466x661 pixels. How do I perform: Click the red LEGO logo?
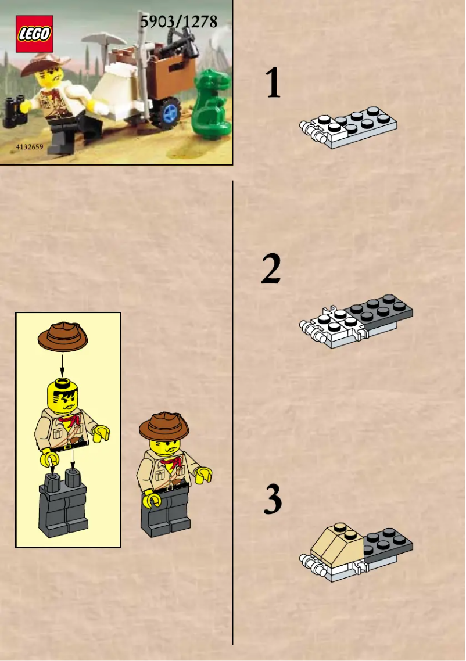point(34,34)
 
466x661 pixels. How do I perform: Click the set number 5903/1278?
point(178,22)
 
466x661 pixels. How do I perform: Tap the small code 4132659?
point(27,146)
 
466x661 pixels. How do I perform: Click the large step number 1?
point(273,82)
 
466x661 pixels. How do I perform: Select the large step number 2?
point(271,269)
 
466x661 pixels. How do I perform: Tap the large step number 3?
point(272,500)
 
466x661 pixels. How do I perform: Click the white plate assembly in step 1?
point(349,127)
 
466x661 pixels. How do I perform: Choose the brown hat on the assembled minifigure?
point(164,426)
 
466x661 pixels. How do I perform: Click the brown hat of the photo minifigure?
point(44,63)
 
